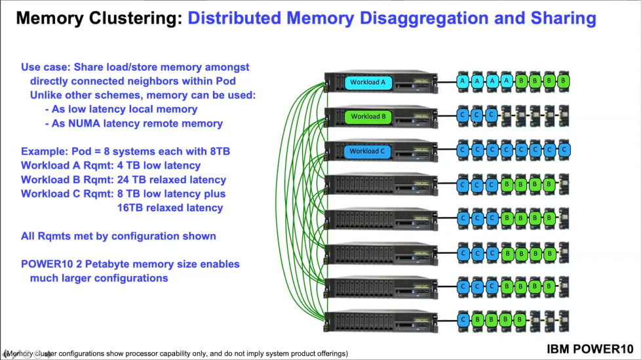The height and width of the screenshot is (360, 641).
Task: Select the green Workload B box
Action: pyautogui.click(x=368, y=117)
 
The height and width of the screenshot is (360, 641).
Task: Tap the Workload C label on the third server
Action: pyautogui.click(x=367, y=151)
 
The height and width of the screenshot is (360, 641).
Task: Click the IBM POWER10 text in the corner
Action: pyautogui.click(x=590, y=349)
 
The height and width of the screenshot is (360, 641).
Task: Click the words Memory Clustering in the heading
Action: pyautogui.click(x=98, y=18)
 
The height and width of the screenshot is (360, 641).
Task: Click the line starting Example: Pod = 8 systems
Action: pyautogui.click(x=125, y=151)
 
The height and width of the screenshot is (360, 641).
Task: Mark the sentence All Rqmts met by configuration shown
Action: pyautogui.click(x=118, y=236)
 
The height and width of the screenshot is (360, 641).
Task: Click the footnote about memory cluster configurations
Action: pyautogui.click(x=176, y=353)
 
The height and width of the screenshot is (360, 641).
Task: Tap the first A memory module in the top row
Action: pyautogui.click(x=463, y=82)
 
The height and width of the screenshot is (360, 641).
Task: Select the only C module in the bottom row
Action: pyautogui.click(x=463, y=321)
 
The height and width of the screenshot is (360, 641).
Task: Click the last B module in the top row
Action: pyautogui.click(x=563, y=82)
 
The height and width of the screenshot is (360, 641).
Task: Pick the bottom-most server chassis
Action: pyautogui.click(x=380, y=321)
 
